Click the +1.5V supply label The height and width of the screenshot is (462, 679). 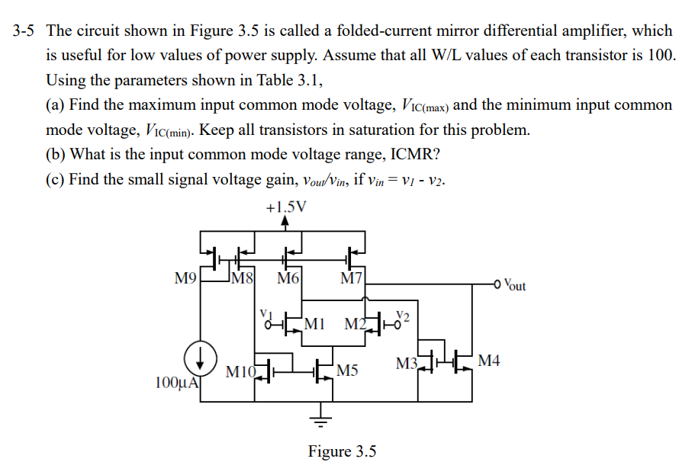pos(285,207)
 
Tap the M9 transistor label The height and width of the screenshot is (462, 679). pos(185,279)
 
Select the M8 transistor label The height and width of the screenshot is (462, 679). pos(243,279)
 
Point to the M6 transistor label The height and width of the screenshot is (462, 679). pos(288,279)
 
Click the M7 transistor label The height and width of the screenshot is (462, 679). pos(352,279)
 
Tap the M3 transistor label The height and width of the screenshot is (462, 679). pos(407,363)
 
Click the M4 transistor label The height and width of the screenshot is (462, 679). pos(489,360)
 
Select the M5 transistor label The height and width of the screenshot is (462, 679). pos(347,371)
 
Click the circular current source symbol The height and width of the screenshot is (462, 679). pos(200,356)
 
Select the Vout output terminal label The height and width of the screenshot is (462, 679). pos(516,286)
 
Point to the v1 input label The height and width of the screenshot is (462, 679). pos(265,313)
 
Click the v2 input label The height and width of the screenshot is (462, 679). pos(405,315)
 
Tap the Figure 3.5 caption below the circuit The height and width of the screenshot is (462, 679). pos(342,451)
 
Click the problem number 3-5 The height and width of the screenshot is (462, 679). pos(23,31)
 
